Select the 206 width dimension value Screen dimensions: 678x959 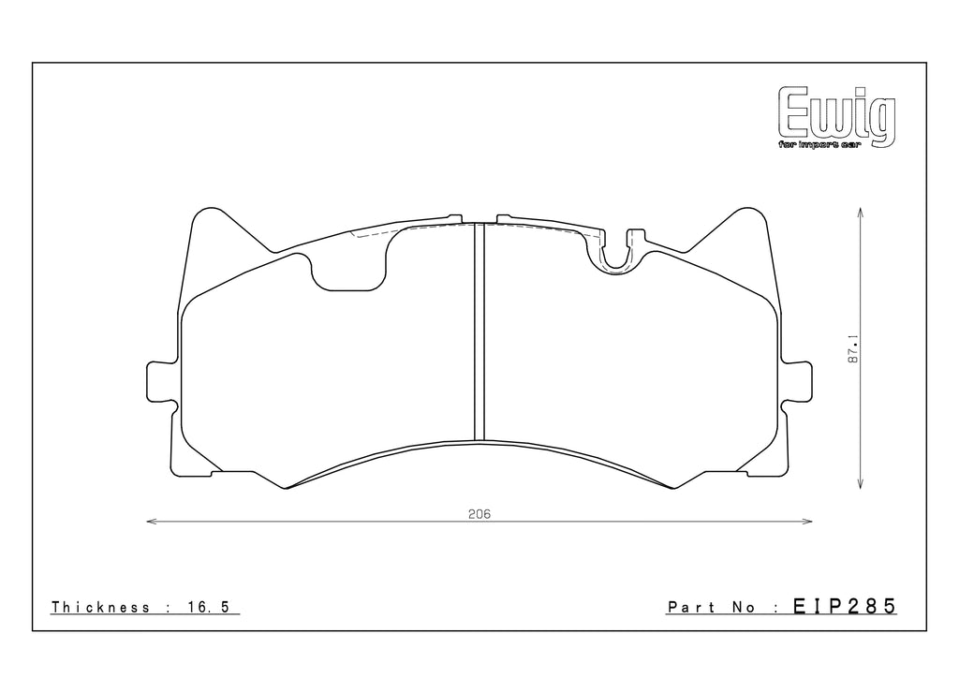pyautogui.click(x=479, y=513)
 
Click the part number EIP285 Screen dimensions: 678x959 pyautogui.click(x=845, y=607)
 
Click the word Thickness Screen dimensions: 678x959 pyautogui.click(x=101, y=608)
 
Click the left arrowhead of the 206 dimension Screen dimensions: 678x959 pyautogui.click(x=151, y=522)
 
